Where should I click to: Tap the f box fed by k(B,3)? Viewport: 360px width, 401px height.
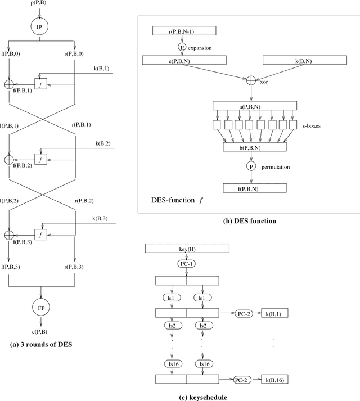pos(40,234)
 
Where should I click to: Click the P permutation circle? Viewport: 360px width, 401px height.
pos(251,166)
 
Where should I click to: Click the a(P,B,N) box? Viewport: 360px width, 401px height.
pos(255,105)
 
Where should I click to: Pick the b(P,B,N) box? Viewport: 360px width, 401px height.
pos(255,147)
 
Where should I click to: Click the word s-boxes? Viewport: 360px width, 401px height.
pos(318,126)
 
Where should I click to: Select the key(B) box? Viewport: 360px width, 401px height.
pos(187,247)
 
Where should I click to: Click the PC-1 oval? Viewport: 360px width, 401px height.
pos(187,262)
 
